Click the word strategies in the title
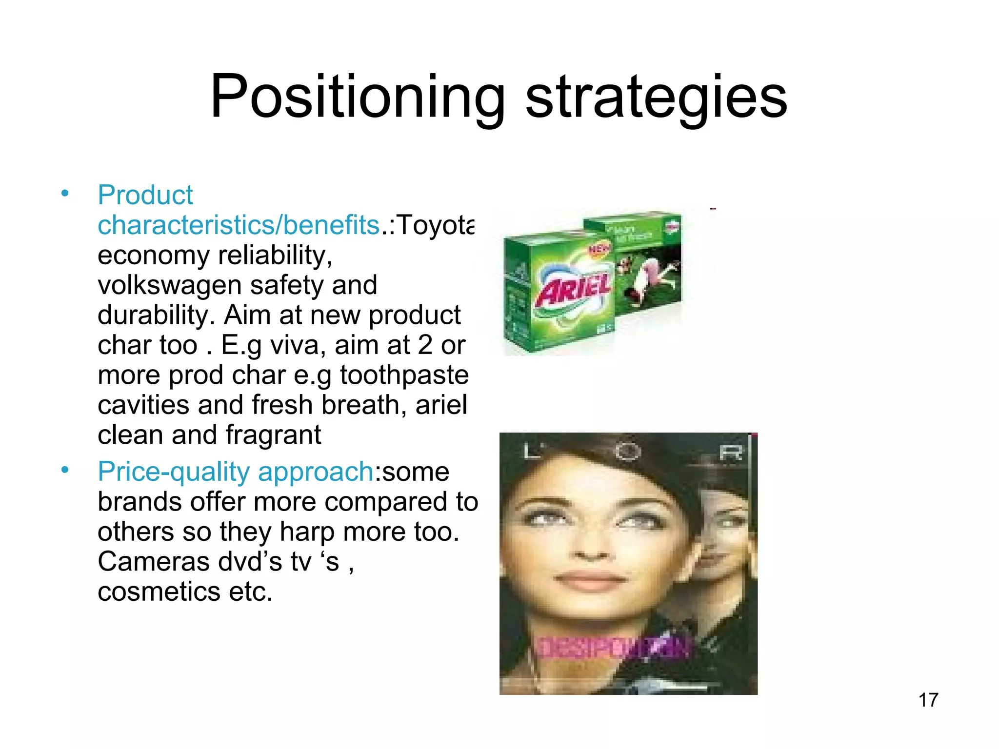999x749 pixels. coord(656,97)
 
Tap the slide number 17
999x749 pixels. coord(928,700)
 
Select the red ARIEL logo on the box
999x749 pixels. coord(573,290)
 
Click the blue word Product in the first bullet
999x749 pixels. coord(145,195)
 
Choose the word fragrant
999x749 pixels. coord(273,435)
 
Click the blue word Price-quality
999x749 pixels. coord(174,472)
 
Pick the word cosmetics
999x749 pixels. coord(159,592)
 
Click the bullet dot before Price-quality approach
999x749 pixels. coord(65,470)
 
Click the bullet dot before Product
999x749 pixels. coord(65,194)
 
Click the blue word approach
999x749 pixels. coord(315,472)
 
